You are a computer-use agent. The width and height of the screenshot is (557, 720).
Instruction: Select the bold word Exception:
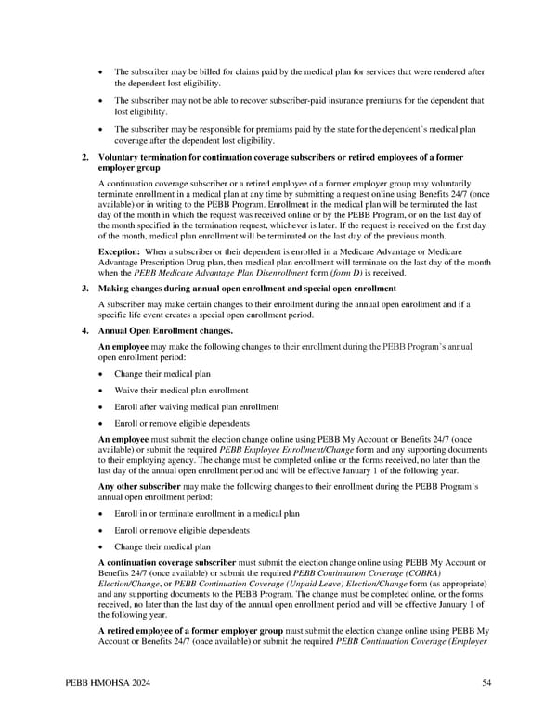click(120, 252)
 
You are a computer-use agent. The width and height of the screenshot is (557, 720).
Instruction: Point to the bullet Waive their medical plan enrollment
click(181, 390)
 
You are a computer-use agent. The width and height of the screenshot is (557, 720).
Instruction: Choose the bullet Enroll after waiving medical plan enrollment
click(196, 406)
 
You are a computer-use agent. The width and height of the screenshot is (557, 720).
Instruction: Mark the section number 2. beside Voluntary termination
click(85, 157)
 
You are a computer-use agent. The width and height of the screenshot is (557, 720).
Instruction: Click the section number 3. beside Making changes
click(85, 289)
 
